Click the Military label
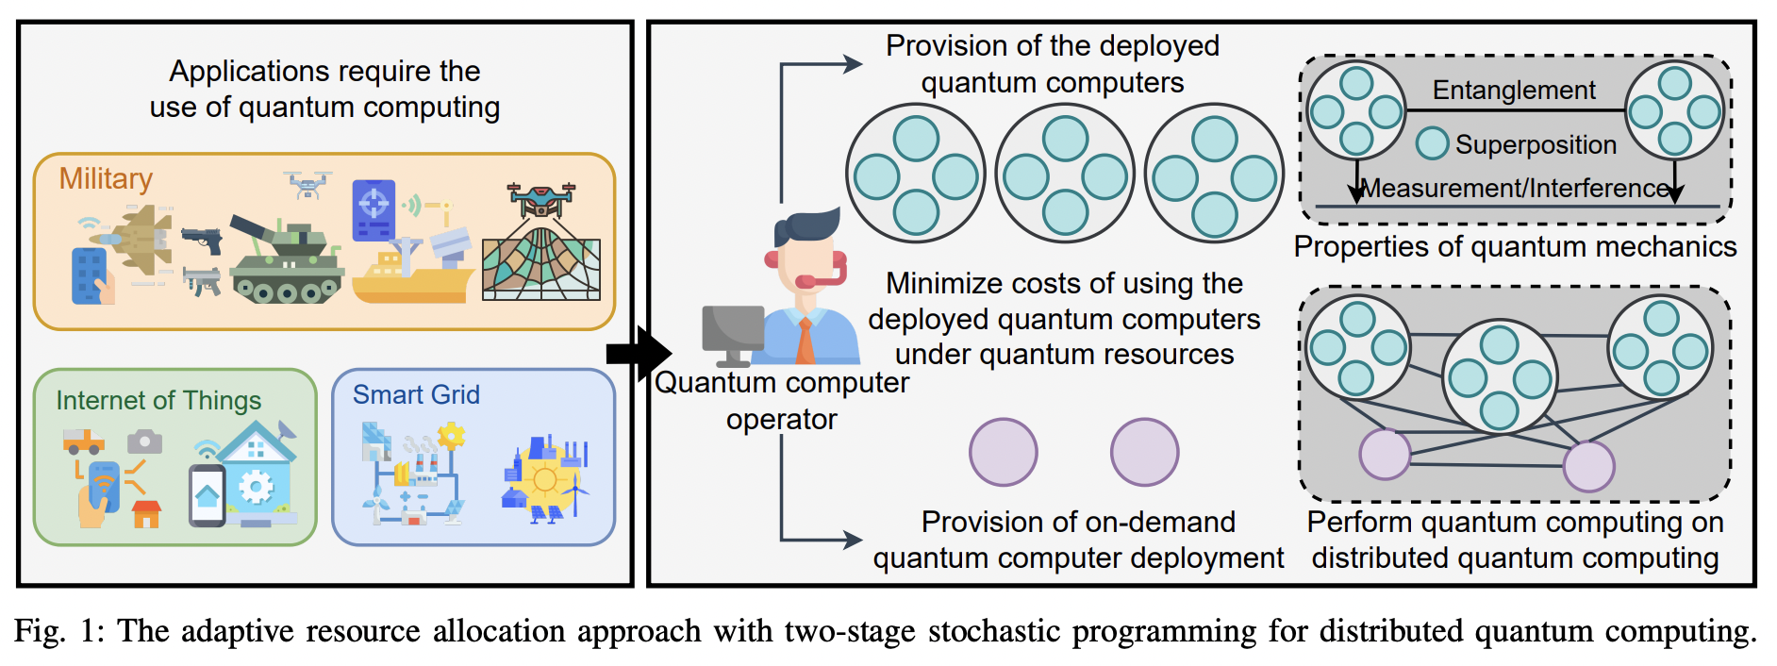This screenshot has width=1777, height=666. tap(106, 179)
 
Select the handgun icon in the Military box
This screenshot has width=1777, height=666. tap(203, 240)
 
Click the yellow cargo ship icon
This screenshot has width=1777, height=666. tap(411, 278)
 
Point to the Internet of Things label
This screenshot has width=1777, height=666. tap(158, 401)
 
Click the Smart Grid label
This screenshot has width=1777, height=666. tap(416, 395)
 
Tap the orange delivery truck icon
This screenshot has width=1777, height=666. tap(83, 441)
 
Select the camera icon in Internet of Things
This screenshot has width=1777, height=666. tap(144, 441)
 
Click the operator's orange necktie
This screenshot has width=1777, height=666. tap(805, 341)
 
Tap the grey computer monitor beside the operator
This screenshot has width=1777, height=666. tap(733, 333)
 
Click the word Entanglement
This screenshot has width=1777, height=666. tap(1514, 91)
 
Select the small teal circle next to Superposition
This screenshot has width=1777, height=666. tap(1432, 143)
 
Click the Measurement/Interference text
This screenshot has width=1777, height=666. tap(1517, 189)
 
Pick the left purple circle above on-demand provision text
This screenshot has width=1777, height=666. tap(1003, 453)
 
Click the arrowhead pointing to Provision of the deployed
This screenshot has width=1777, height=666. tap(853, 64)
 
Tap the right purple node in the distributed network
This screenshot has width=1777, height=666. tap(1589, 466)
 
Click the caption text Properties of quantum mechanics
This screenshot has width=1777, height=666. tap(1515, 247)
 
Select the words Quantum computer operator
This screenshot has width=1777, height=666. tap(782, 400)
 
